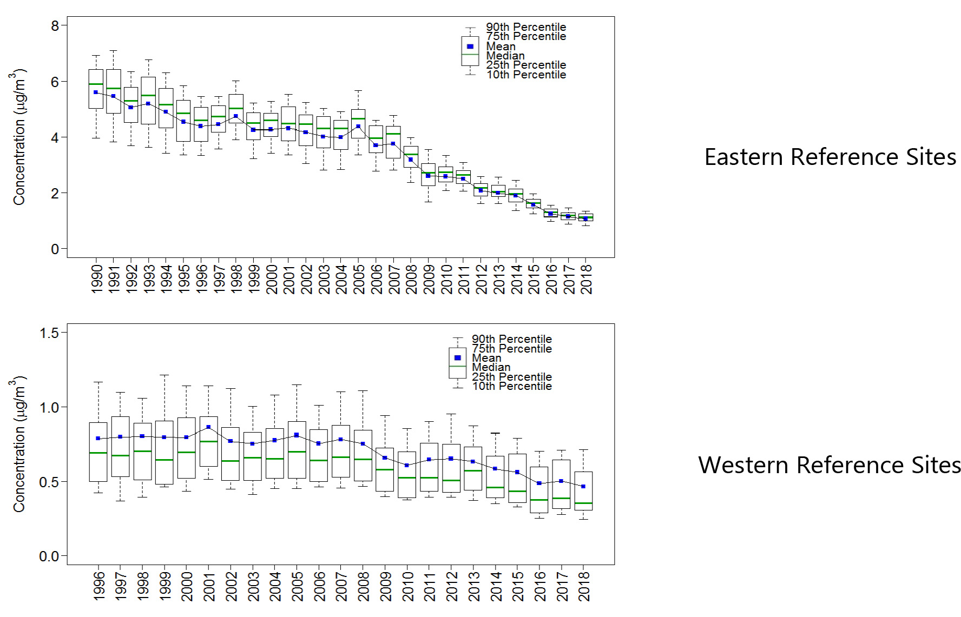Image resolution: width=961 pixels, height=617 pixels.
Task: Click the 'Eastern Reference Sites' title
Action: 830,157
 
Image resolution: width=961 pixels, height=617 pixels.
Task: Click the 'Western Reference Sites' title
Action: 829,465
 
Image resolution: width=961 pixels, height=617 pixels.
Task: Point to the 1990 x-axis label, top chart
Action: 97,279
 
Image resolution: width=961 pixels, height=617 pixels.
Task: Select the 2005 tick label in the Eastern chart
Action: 359,279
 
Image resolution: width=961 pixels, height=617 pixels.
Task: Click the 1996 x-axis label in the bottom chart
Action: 99,586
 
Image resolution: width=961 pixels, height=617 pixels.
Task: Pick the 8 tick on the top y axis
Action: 55,26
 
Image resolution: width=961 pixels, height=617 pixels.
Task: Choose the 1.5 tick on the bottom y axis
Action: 49,333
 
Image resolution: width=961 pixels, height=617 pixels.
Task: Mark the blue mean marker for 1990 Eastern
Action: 96,92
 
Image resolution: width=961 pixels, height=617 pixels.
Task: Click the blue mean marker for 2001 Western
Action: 208,427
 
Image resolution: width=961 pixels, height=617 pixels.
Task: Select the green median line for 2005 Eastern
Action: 358,118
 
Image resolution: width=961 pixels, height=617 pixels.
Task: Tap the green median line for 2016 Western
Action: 539,500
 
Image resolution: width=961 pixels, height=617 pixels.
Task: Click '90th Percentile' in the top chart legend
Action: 525,27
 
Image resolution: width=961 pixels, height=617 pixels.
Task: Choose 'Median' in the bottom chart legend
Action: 491,367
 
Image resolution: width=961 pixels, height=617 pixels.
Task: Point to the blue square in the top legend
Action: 470,47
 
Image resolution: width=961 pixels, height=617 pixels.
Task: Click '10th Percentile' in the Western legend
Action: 511,386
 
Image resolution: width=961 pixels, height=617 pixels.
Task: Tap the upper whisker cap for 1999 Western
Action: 164,375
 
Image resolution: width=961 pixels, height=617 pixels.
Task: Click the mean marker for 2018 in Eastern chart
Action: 585,219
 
